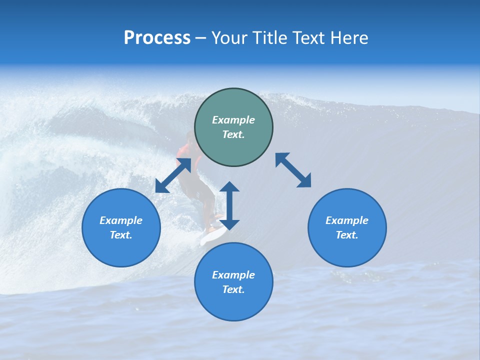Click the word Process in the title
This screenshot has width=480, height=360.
click(x=157, y=38)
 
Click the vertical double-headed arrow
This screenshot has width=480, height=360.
click(x=229, y=205)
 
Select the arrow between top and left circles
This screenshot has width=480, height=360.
click(x=173, y=175)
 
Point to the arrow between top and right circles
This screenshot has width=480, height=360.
click(x=293, y=170)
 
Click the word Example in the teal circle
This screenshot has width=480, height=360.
click(x=233, y=120)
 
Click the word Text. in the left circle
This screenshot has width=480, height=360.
click(x=121, y=235)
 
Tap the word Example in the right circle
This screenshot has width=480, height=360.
click(x=347, y=220)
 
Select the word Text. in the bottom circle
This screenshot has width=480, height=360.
click(x=233, y=289)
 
